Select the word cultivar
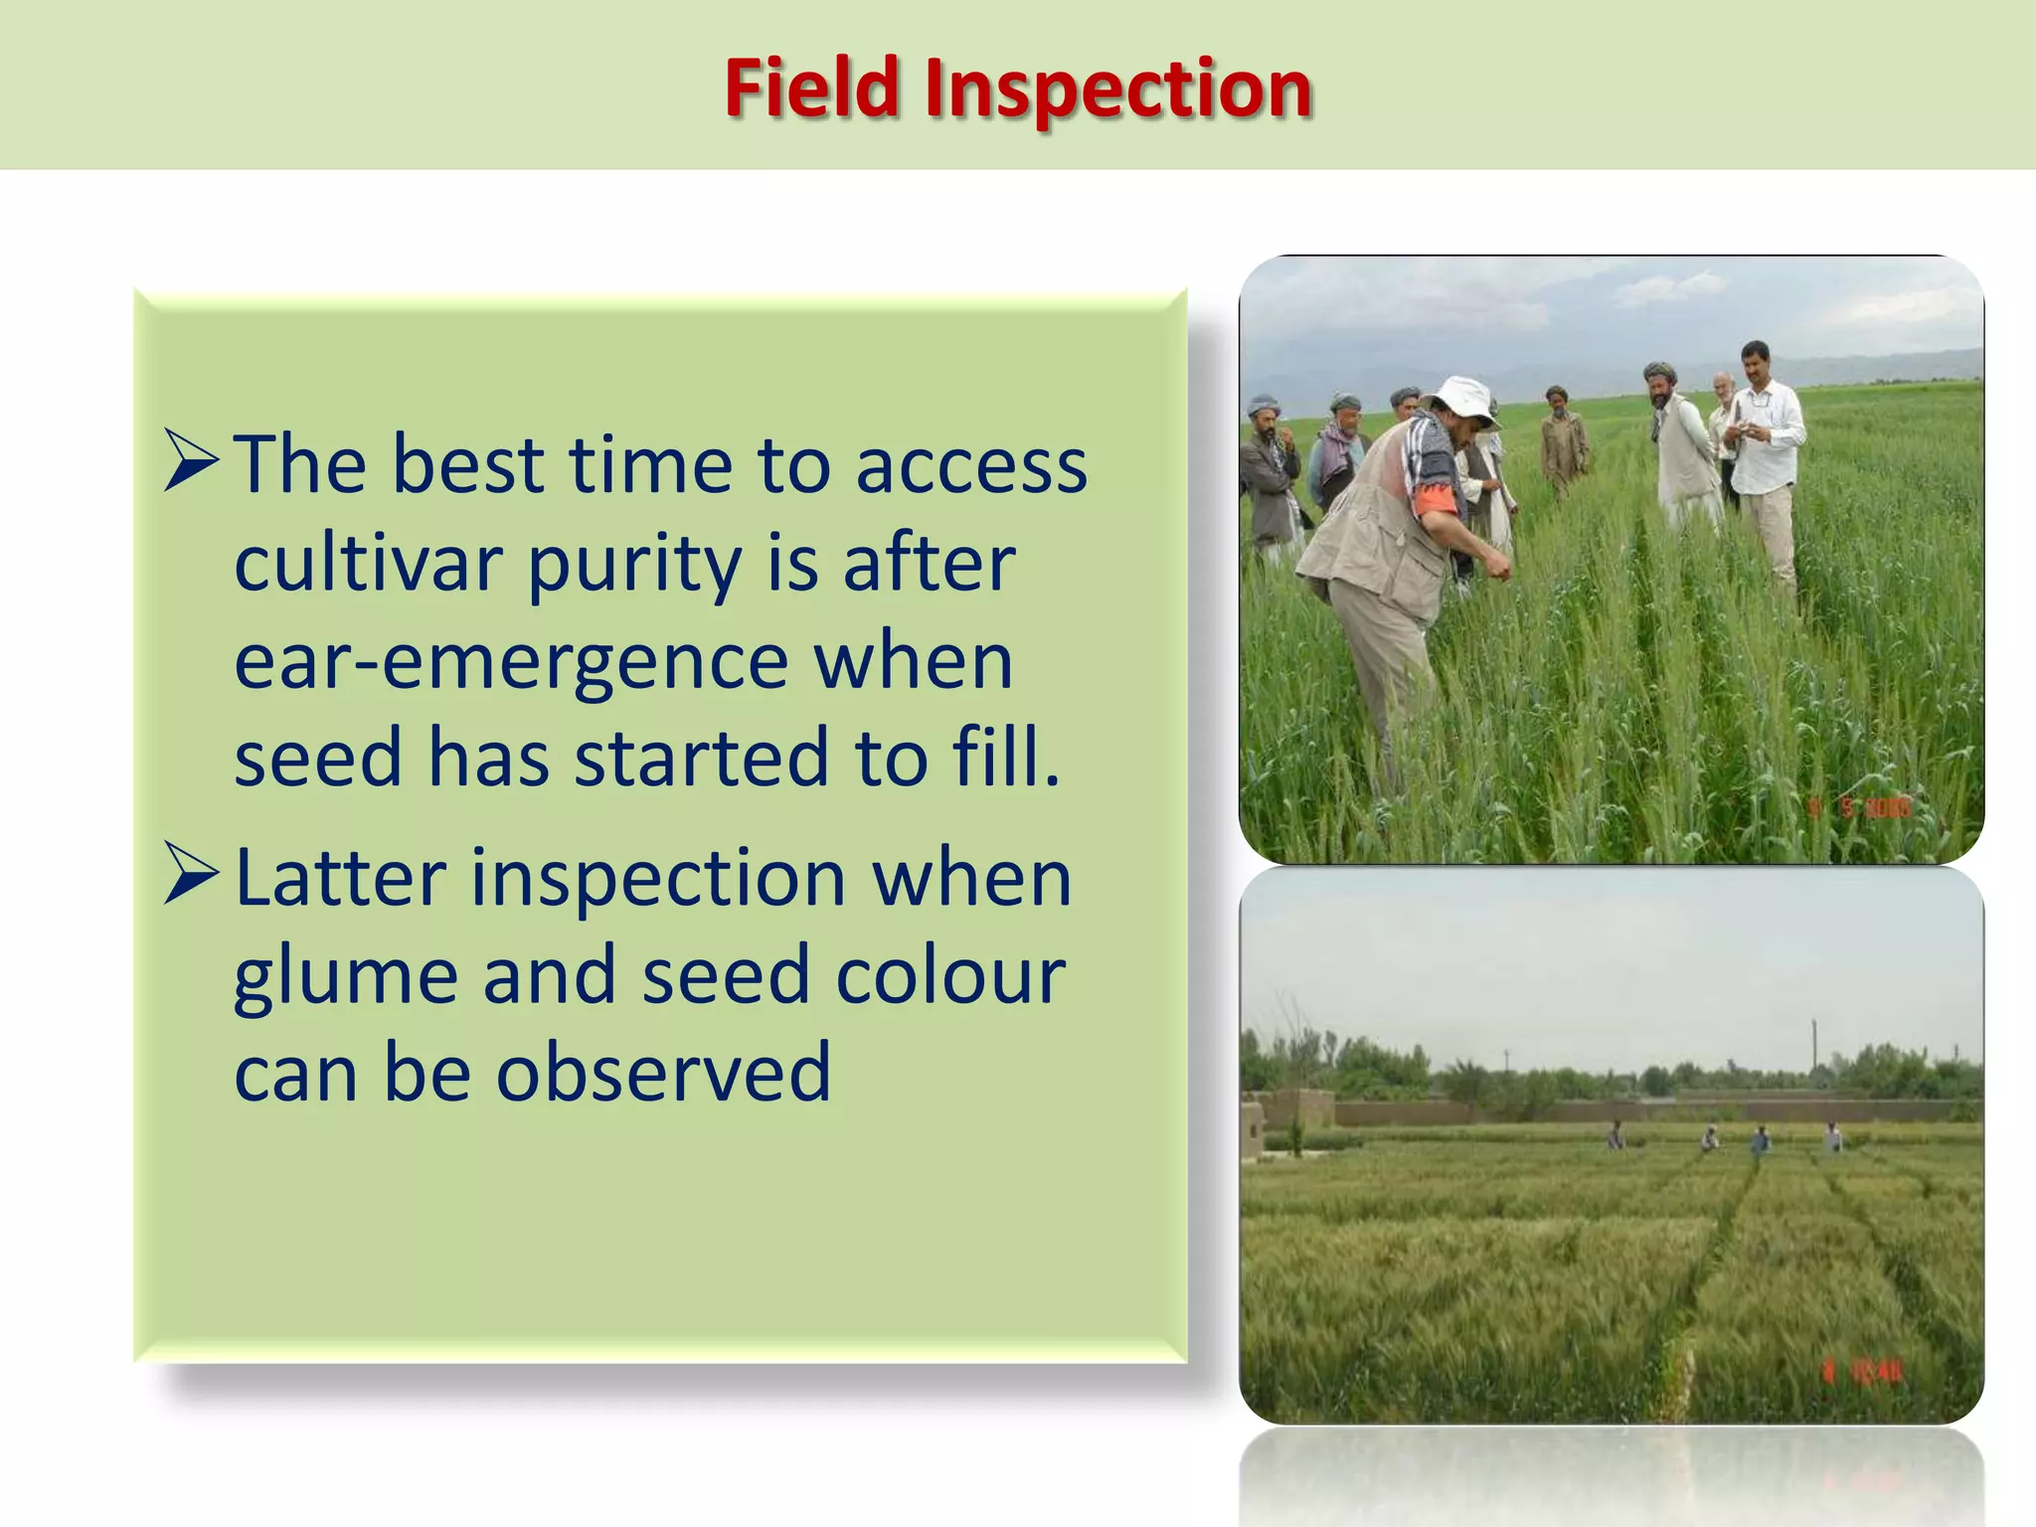tap(368, 564)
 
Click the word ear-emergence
tap(511, 661)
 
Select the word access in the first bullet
tap(971, 464)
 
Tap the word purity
tap(634, 566)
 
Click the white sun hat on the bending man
tap(1460, 399)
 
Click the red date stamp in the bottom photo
tap(1861, 1373)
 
